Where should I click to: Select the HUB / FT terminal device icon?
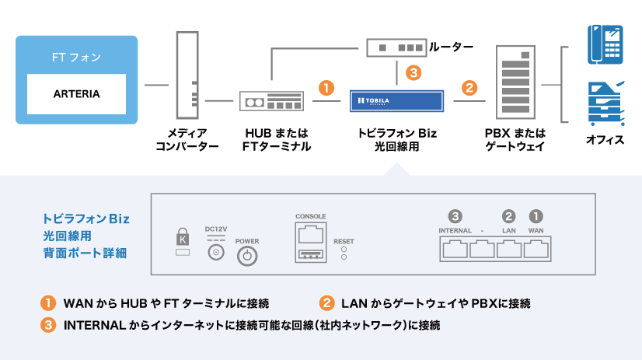[x=269, y=102]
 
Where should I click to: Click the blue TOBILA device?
[x=396, y=101]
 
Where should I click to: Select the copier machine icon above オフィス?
[x=606, y=103]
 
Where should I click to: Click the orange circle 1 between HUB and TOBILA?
[x=327, y=87]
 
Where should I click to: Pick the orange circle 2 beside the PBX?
[x=469, y=87]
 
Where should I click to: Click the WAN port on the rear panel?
[x=536, y=249]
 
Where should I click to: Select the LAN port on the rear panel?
[x=509, y=249]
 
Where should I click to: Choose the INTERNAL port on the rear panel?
[x=455, y=249]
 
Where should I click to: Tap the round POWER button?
[x=247, y=257]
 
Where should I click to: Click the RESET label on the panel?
[x=344, y=242]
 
